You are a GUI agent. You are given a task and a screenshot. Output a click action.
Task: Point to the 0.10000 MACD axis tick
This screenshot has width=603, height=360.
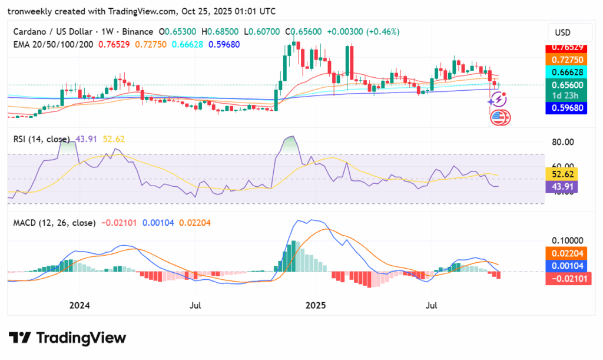(x=567, y=241)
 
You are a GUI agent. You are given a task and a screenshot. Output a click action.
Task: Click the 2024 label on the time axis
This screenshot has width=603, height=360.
(x=79, y=306)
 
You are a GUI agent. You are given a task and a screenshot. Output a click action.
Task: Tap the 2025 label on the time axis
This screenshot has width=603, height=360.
(x=315, y=306)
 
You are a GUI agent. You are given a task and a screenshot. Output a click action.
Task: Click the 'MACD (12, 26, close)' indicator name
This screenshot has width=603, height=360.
(x=54, y=223)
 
